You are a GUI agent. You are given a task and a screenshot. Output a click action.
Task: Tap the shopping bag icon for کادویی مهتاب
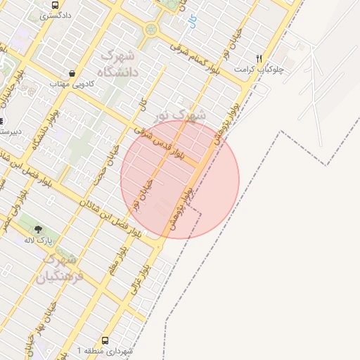(72, 73)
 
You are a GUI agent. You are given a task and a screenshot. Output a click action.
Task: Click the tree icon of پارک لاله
(38, 229)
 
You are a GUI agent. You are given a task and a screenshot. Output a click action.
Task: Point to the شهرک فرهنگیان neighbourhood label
(63, 266)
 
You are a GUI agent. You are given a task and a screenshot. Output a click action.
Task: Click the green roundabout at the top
(151, 30)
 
